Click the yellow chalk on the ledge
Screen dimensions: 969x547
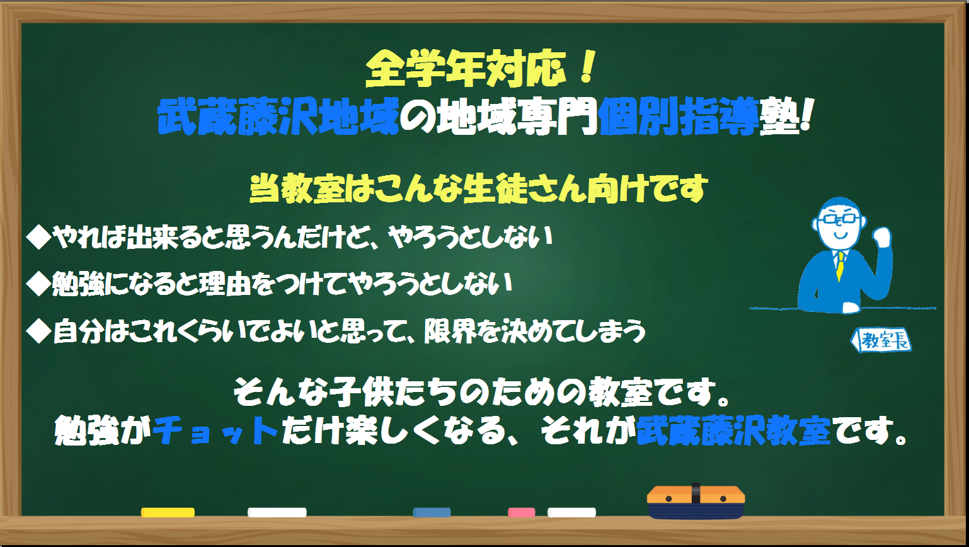[x=168, y=512]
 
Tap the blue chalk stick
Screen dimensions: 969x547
[x=432, y=512]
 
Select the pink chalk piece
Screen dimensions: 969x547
[x=521, y=512]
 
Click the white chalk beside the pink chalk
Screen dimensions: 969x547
[x=571, y=512]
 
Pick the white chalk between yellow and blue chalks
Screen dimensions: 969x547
[x=277, y=512]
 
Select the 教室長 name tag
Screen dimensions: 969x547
[x=881, y=340]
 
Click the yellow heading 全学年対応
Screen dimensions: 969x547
[x=466, y=69]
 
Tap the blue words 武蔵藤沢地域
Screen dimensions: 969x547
[x=278, y=116]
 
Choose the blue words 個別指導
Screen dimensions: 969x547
[x=679, y=116]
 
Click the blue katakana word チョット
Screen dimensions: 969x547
[x=215, y=430]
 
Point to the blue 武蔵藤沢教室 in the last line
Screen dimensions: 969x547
[x=733, y=430]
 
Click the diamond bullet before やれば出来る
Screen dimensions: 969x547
[x=39, y=237]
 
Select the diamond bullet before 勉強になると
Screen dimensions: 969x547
[x=39, y=284]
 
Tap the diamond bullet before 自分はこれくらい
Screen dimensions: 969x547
[x=39, y=331]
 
